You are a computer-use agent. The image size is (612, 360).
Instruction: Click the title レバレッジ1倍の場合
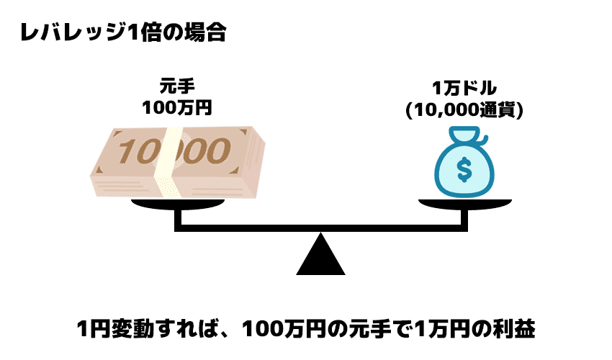coord(122,33)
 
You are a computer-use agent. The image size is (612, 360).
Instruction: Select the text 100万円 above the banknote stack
coord(179,108)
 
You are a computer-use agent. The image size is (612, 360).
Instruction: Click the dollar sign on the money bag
coord(464,171)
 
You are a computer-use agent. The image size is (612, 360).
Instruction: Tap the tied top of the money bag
coord(464,135)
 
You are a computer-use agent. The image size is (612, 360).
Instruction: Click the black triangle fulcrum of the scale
coord(321,256)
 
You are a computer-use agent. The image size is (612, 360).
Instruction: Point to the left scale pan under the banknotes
coord(178,204)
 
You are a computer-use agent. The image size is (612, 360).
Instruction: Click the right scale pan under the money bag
coord(464,204)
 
